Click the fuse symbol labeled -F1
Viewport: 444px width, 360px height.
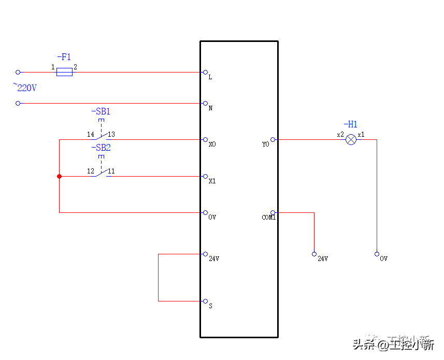(64, 72)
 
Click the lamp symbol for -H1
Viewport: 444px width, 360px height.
(351, 139)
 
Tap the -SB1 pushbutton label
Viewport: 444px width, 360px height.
(101, 111)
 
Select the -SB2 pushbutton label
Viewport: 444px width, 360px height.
(101, 148)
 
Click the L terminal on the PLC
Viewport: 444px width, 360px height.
(206, 73)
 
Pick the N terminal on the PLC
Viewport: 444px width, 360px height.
(206, 104)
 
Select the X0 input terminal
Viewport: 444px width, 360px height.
(206, 140)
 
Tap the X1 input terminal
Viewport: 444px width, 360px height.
(206, 177)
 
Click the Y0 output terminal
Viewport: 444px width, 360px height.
(273, 139)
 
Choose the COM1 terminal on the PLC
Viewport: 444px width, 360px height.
(273, 213)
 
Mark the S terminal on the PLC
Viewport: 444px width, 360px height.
(206, 301)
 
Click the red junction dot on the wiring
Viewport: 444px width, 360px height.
(59, 177)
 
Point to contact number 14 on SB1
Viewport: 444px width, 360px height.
(91, 135)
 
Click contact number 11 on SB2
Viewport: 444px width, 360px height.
(111, 171)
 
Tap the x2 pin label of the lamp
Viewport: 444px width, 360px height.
(340, 135)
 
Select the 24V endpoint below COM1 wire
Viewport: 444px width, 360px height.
(314, 254)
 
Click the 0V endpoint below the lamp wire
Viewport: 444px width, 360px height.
(377, 254)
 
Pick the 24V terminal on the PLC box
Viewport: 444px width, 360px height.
(206, 254)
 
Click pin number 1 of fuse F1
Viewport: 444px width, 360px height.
(53, 67)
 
